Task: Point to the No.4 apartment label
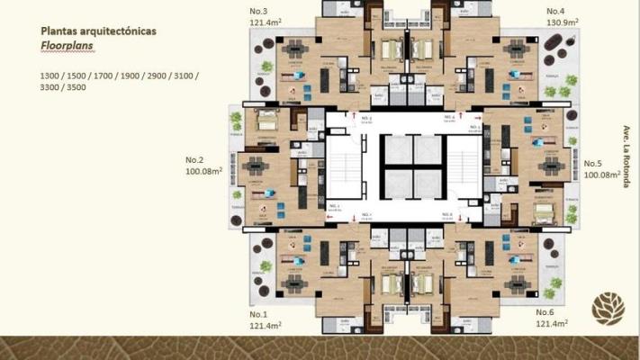click(555, 11)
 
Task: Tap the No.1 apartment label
click(259, 314)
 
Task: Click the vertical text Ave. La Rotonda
click(624, 156)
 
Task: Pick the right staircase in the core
click(464, 166)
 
